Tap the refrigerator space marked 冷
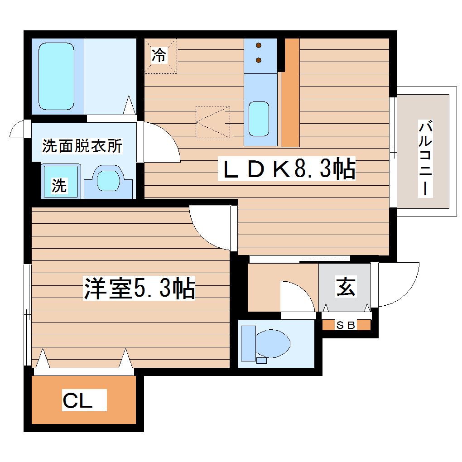coord(159,56)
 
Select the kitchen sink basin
coord(259,118)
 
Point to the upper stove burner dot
coord(259,45)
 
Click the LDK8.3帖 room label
coord(286,169)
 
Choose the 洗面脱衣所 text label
coord(82,146)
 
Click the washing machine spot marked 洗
coord(59,185)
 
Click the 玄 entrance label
coord(345,287)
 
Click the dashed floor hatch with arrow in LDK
coord(213,122)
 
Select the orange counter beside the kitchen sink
coord(290,93)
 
